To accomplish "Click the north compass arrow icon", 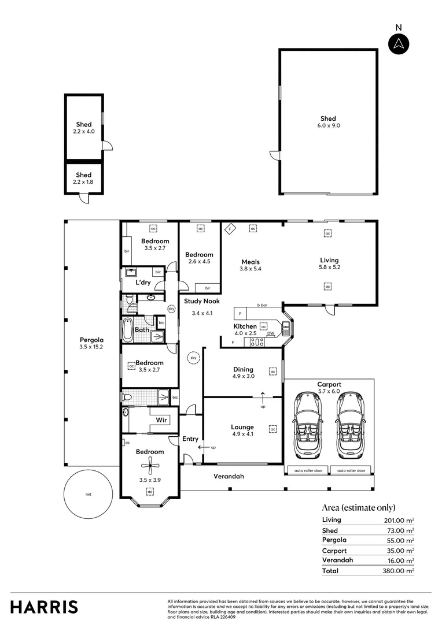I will (398, 44).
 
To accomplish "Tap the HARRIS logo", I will (44, 607).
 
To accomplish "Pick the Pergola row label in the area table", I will (333, 540).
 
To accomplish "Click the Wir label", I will (161, 420).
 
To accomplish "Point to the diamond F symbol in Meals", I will (229, 228).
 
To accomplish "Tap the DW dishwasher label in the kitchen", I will (271, 334).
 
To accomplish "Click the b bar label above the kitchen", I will (262, 304).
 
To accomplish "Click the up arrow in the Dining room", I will (263, 398).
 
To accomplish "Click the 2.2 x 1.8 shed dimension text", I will (84, 182).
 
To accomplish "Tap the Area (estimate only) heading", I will (358, 507).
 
